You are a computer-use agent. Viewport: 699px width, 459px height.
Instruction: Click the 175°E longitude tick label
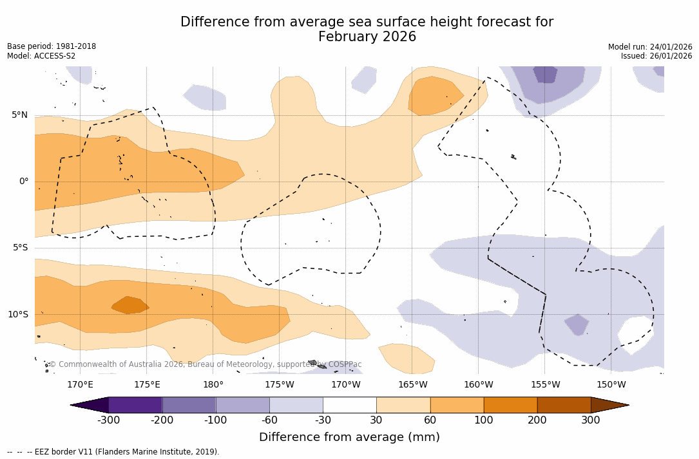147,385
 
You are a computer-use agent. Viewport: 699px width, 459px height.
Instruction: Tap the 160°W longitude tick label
478,385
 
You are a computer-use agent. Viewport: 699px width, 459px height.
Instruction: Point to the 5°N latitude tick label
19,115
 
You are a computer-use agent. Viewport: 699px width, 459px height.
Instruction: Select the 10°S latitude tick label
17,315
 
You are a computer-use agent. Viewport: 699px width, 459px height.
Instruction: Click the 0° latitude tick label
24,182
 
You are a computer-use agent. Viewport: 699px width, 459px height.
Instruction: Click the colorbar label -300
108,420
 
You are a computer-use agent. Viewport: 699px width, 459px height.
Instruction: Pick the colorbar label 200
537,420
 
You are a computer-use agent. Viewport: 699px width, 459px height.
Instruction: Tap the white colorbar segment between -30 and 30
350,405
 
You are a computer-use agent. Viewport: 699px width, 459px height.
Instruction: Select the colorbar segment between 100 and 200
510,405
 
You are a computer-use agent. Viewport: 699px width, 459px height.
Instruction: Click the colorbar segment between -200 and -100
189,405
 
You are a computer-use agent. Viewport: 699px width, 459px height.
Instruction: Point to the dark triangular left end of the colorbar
91,405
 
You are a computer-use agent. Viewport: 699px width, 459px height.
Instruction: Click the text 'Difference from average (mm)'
349,438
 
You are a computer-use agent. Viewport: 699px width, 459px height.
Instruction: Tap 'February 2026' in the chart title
367,37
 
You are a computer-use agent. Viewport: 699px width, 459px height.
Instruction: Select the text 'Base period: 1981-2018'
52,46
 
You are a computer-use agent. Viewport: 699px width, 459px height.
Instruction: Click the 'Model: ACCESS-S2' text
41,56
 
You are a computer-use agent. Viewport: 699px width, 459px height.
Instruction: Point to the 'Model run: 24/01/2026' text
650,47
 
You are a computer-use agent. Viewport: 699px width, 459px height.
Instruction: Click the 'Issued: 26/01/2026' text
656,56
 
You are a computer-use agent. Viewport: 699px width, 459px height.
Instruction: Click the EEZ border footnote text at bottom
113,452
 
